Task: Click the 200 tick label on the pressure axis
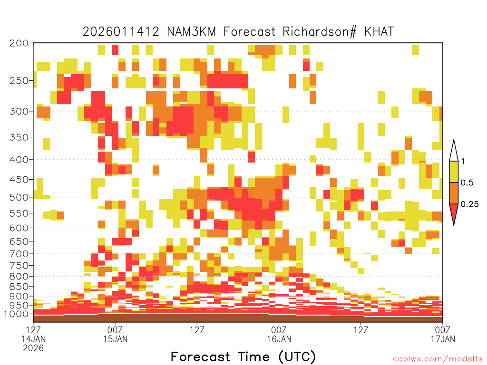(x=19, y=43)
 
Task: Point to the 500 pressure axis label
(x=19, y=197)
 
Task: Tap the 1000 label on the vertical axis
(x=16, y=314)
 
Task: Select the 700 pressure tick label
(x=19, y=254)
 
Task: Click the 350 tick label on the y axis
(x=19, y=137)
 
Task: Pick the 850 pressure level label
(x=19, y=287)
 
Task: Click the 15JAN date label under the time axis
(x=115, y=339)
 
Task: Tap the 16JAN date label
(x=279, y=339)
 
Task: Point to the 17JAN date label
(x=443, y=339)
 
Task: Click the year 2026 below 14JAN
(x=33, y=348)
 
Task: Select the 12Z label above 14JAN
(x=33, y=330)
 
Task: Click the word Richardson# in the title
(x=320, y=32)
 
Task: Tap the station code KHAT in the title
(x=379, y=32)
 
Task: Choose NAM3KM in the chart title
(x=191, y=32)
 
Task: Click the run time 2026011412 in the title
(x=121, y=32)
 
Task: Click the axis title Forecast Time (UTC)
(x=243, y=357)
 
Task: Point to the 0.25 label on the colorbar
(x=469, y=204)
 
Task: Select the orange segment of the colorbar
(x=454, y=193)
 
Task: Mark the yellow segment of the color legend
(x=454, y=172)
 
